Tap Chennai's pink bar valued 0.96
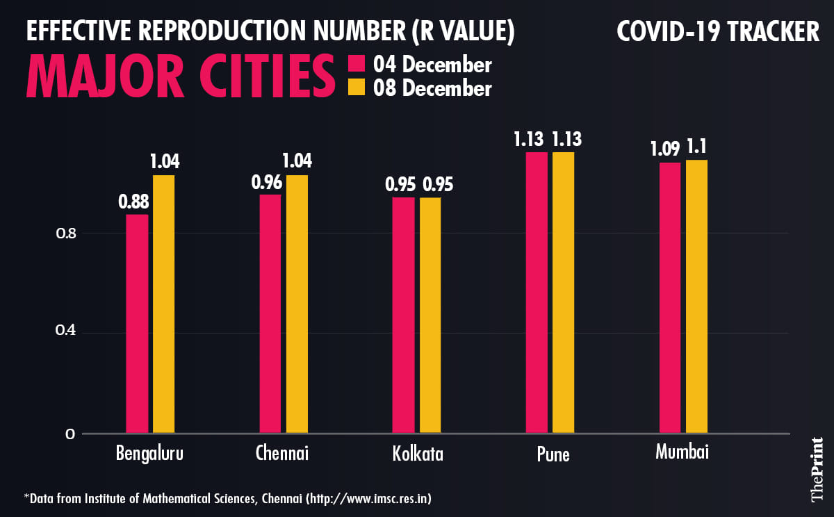point(270,313)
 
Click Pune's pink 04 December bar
point(537,292)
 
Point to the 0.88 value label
point(133,202)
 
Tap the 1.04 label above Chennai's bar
point(297,161)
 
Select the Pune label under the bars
point(553,455)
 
